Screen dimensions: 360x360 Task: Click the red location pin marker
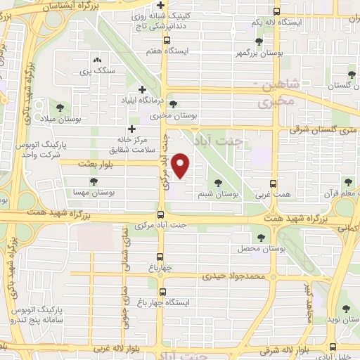(181, 166)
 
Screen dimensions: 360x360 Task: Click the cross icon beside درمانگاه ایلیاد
(143, 90)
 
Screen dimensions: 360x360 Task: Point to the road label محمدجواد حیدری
(235, 276)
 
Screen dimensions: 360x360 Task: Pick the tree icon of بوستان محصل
(260, 238)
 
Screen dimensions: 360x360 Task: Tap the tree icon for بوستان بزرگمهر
(259, 41)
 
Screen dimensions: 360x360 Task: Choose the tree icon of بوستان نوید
(345, 309)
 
